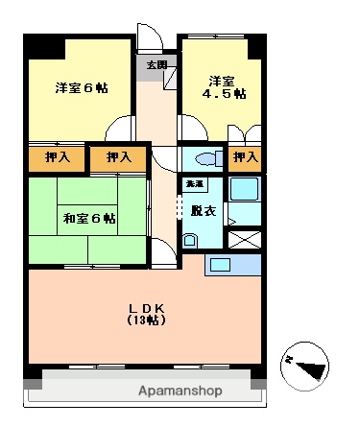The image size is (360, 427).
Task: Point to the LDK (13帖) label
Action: pos(148,313)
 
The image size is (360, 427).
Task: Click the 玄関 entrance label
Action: pos(156,65)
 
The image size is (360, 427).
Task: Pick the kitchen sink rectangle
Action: pos(222,264)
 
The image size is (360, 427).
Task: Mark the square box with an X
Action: pos(246,240)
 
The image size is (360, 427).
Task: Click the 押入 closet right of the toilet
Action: pos(245,157)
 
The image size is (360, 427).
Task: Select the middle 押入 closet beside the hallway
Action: pos(119,157)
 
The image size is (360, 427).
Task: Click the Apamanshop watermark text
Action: pos(180,391)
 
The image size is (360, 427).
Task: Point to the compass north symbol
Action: pos(307,364)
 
